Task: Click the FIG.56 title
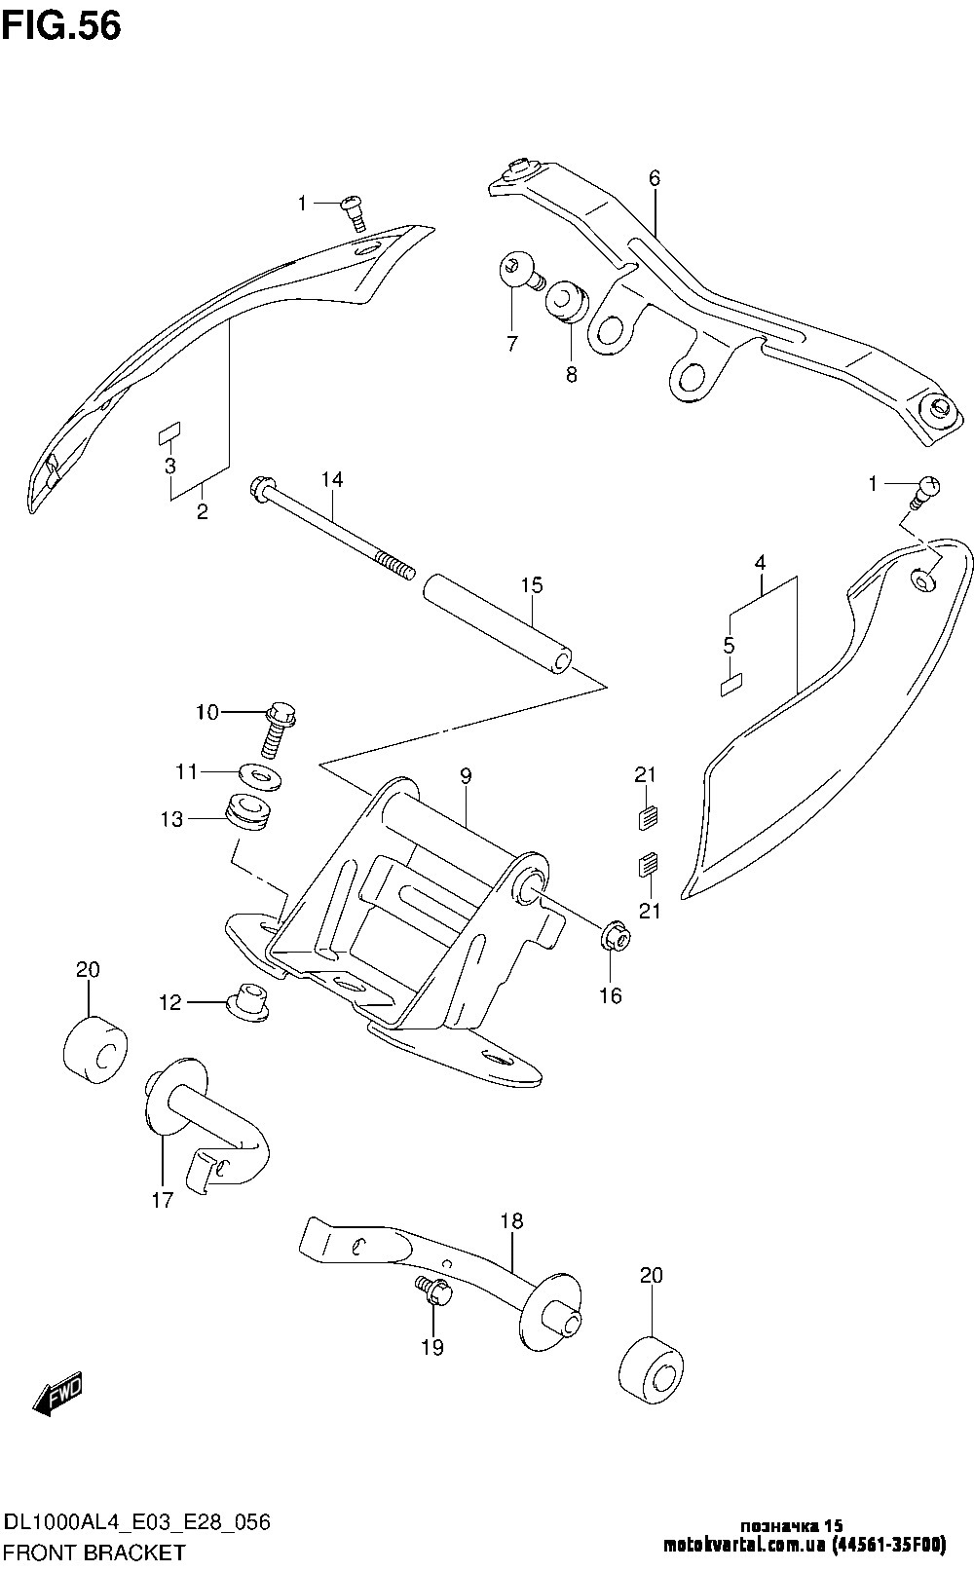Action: pos(60,26)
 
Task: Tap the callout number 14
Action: pos(332,479)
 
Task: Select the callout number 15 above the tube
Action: pos(531,585)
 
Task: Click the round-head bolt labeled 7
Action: pos(519,271)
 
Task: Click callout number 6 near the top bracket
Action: pos(655,178)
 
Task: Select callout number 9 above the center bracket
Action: pos(466,775)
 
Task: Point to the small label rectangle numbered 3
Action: pos(170,432)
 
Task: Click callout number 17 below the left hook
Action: pos(163,1200)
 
